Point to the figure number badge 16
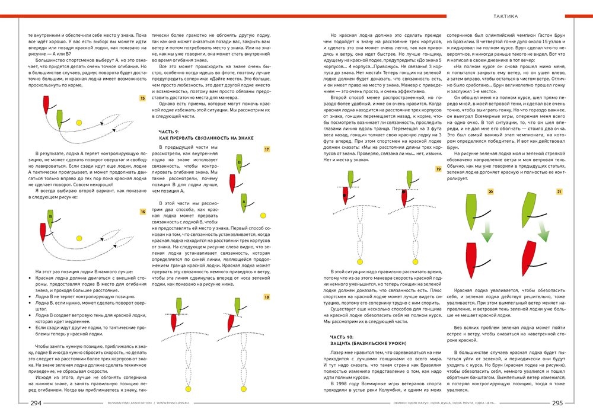[142, 211]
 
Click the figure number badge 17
[267, 149]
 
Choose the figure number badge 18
[267, 296]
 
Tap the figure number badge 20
[490, 192]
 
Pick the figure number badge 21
[559, 192]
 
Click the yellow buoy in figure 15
[79, 123]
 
